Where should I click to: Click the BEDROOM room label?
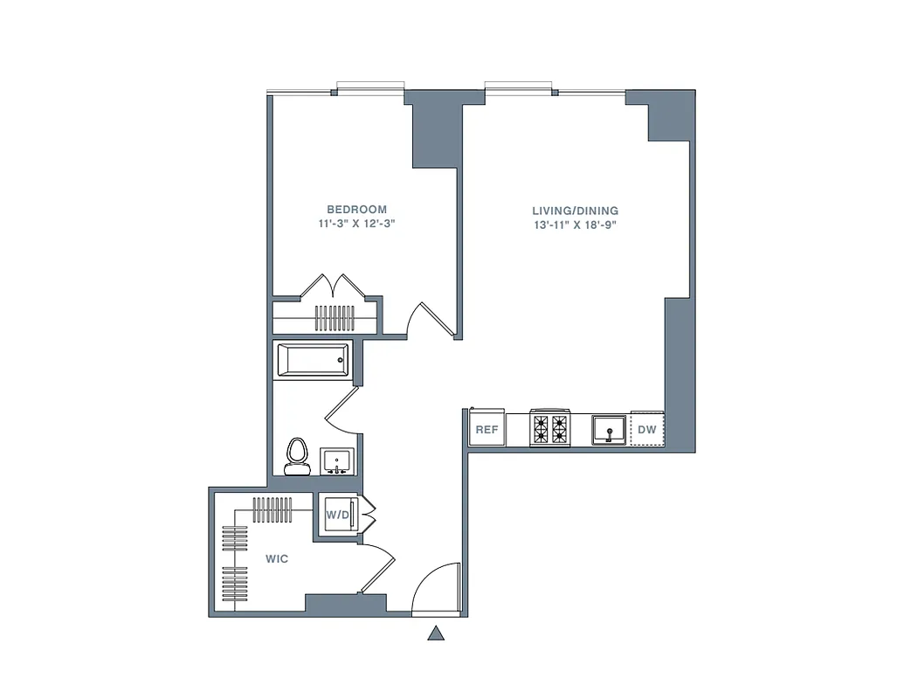[x=356, y=210]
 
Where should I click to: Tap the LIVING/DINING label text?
[x=576, y=211]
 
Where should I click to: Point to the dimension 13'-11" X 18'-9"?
[x=576, y=225]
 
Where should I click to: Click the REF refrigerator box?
[x=487, y=429]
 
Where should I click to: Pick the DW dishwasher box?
[x=647, y=429]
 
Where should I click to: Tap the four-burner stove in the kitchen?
[x=549, y=428]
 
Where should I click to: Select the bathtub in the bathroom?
[x=313, y=360]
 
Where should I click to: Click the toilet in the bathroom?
[x=298, y=455]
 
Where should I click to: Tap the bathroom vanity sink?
[x=336, y=460]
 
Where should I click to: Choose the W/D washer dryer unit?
[x=338, y=516]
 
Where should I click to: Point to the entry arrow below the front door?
[x=436, y=633]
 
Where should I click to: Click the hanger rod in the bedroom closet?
[x=333, y=317]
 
